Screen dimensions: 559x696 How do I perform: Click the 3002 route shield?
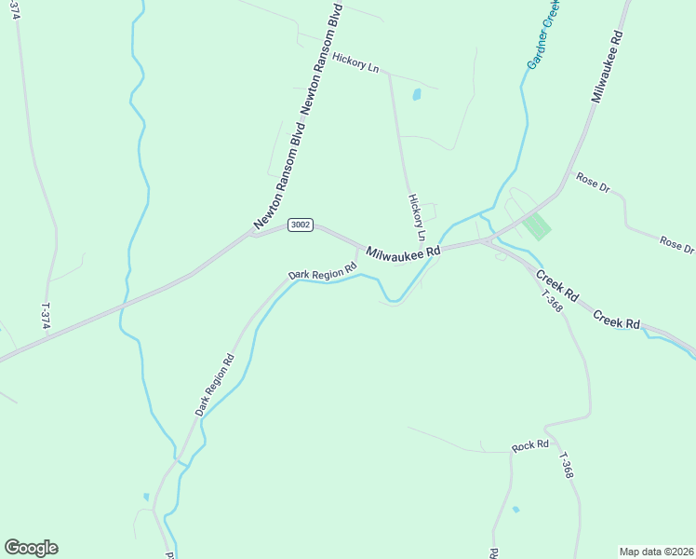[301, 225]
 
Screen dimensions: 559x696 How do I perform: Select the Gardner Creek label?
[543, 34]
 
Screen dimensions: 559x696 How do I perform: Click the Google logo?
[31, 548]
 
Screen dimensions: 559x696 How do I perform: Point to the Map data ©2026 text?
[656, 552]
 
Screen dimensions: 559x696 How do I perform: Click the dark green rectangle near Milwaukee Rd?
[536, 226]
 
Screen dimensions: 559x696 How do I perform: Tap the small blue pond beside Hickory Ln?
[416, 94]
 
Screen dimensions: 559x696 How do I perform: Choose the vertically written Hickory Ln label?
[416, 213]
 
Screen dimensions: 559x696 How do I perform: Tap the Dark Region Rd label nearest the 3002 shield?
[323, 272]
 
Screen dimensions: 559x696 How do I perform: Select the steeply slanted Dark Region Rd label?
[214, 385]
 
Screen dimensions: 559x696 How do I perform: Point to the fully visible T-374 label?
[45, 314]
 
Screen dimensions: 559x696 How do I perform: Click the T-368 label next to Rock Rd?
[566, 466]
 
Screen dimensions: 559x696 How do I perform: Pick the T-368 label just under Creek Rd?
[551, 299]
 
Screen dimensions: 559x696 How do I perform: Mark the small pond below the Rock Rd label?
[515, 510]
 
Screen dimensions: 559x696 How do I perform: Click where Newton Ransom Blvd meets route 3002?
[252, 233]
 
